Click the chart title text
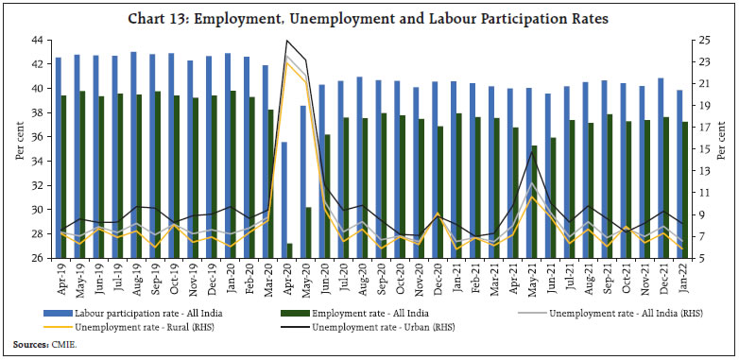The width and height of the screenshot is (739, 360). pos(369,18)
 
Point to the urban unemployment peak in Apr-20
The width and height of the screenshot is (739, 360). pos(286,41)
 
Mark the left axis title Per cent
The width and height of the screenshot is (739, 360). pos(20,149)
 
